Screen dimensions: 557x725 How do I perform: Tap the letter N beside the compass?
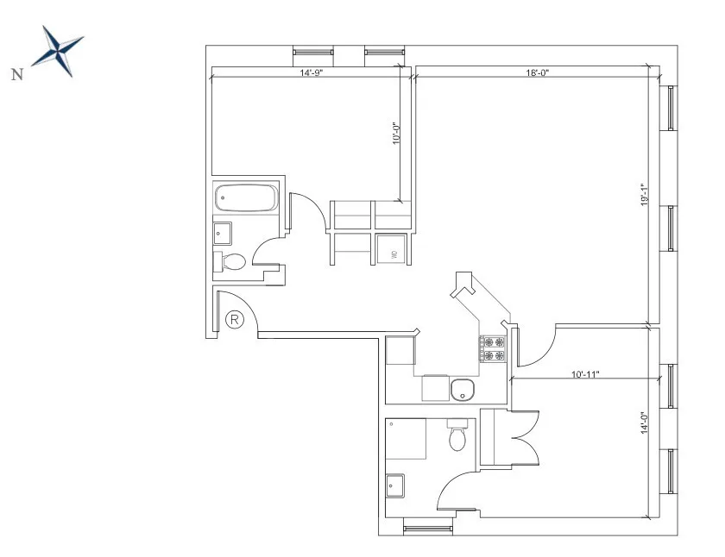coord(16,74)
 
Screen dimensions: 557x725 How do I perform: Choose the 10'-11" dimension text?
coord(585,374)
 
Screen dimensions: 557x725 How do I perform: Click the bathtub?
coord(245,200)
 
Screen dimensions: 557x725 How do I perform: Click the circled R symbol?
coord(235,320)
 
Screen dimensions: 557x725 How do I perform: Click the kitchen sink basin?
coord(463,391)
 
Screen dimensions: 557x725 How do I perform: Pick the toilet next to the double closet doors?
coord(458,436)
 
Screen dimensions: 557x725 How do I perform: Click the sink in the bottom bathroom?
coord(396,486)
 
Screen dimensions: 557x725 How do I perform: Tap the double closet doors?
coord(521,437)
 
